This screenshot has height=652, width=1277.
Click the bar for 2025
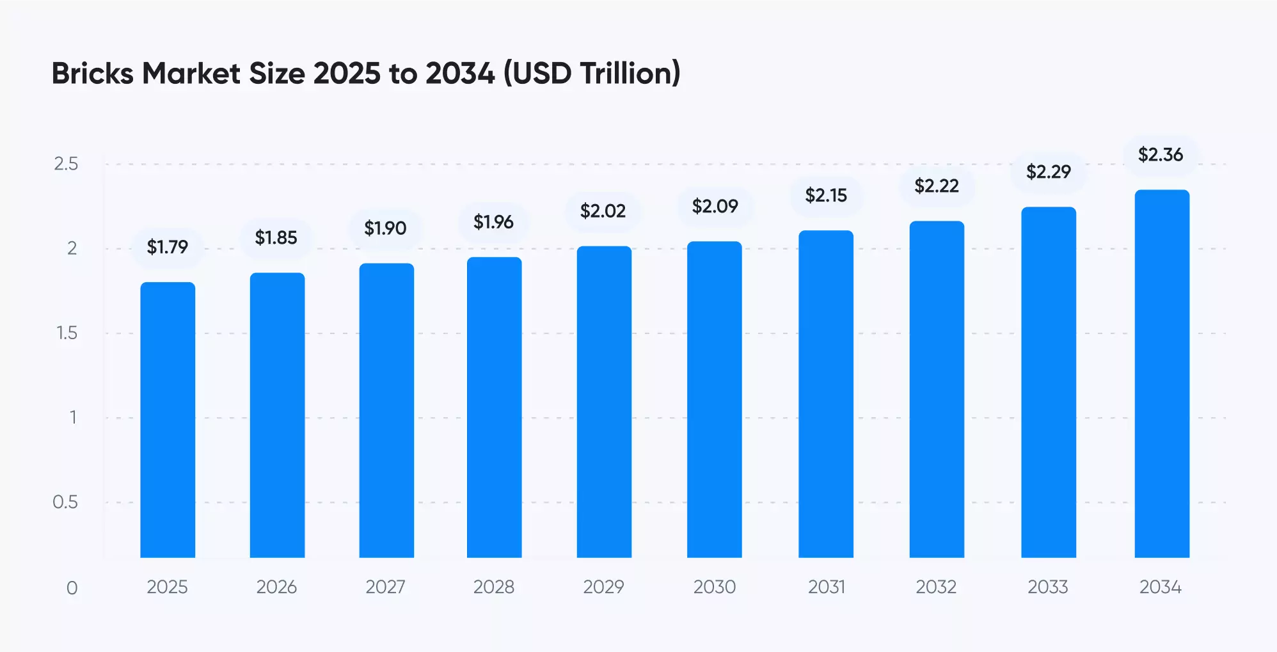(x=168, y=420)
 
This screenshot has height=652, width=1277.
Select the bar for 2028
(x=494, y=408)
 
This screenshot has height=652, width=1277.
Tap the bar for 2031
(x=826, y=394)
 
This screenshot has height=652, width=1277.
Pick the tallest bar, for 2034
(x=1162, y=374)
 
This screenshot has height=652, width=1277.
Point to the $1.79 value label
(x=168, y=247)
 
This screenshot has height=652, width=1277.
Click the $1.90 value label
(x=385, y=228)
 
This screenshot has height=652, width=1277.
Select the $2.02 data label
(x=603, y=211)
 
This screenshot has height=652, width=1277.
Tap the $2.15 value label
(x=826, y=195)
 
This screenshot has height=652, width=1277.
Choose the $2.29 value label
(x=1049, y=171)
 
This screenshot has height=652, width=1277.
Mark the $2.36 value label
(x=1161, y=154)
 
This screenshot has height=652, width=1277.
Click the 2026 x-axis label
(x=276, y=587)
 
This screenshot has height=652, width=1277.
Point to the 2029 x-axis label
(x=603, y=587)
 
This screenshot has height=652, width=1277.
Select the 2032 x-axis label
(x=936, y=587)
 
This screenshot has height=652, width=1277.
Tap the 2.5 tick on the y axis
(x=66, y=164)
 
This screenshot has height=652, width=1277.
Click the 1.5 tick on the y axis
(x=67, y=333)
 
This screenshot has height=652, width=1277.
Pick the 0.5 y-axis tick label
(x=65, y=502)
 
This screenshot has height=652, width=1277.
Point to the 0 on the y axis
(x=72, y=588)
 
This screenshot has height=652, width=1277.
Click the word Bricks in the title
(x=93, y=73)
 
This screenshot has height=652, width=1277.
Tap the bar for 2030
(x=715, y=400)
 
